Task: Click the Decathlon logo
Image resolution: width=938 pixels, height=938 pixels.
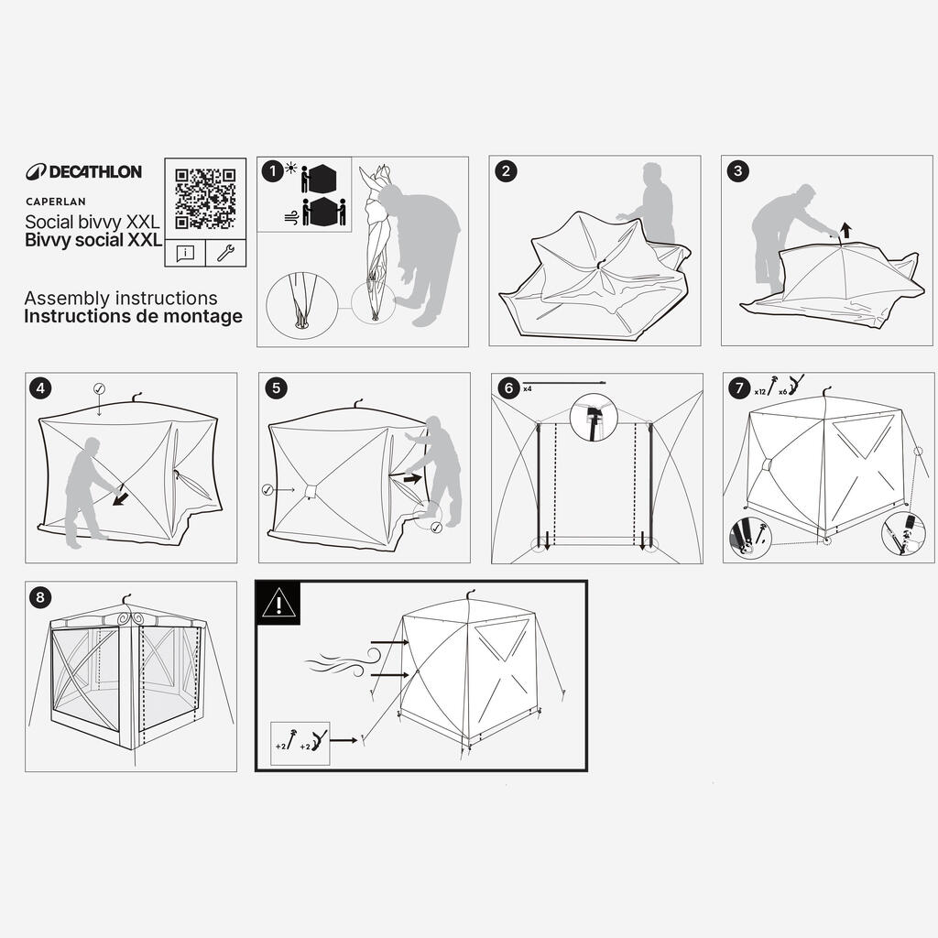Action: tap(83, 172)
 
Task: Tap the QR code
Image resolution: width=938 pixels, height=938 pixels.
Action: tap(205, 199)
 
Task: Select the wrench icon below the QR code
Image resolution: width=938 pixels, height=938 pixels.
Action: tap(225, 253)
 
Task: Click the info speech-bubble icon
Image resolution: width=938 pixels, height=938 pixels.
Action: tap(185, 253)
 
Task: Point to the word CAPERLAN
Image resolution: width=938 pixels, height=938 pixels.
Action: tap(56, 202)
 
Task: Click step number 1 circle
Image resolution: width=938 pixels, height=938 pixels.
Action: tap(273, 171)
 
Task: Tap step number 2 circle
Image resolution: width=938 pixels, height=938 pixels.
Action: tap(506, 171)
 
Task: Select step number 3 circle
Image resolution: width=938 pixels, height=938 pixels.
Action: tap(737, 171)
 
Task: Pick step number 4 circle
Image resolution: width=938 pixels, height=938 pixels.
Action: tap(40, 388)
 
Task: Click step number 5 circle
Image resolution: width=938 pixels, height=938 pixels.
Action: tap(276, 388)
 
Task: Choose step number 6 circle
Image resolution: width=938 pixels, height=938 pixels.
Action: tap(508, 388)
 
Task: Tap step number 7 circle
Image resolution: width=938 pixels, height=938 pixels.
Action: tap(739, 388)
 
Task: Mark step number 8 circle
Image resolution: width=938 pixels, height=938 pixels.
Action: tap(40, 597)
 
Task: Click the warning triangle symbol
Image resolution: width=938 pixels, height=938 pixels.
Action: tap(278, 603)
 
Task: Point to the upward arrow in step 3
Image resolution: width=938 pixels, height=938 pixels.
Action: tap(845, 230)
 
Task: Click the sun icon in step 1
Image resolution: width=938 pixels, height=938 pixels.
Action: tap(291, 168)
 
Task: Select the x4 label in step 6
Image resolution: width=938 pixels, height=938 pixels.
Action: tap(528, 388)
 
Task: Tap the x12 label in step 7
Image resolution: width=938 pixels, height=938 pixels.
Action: tap(759, 392)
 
